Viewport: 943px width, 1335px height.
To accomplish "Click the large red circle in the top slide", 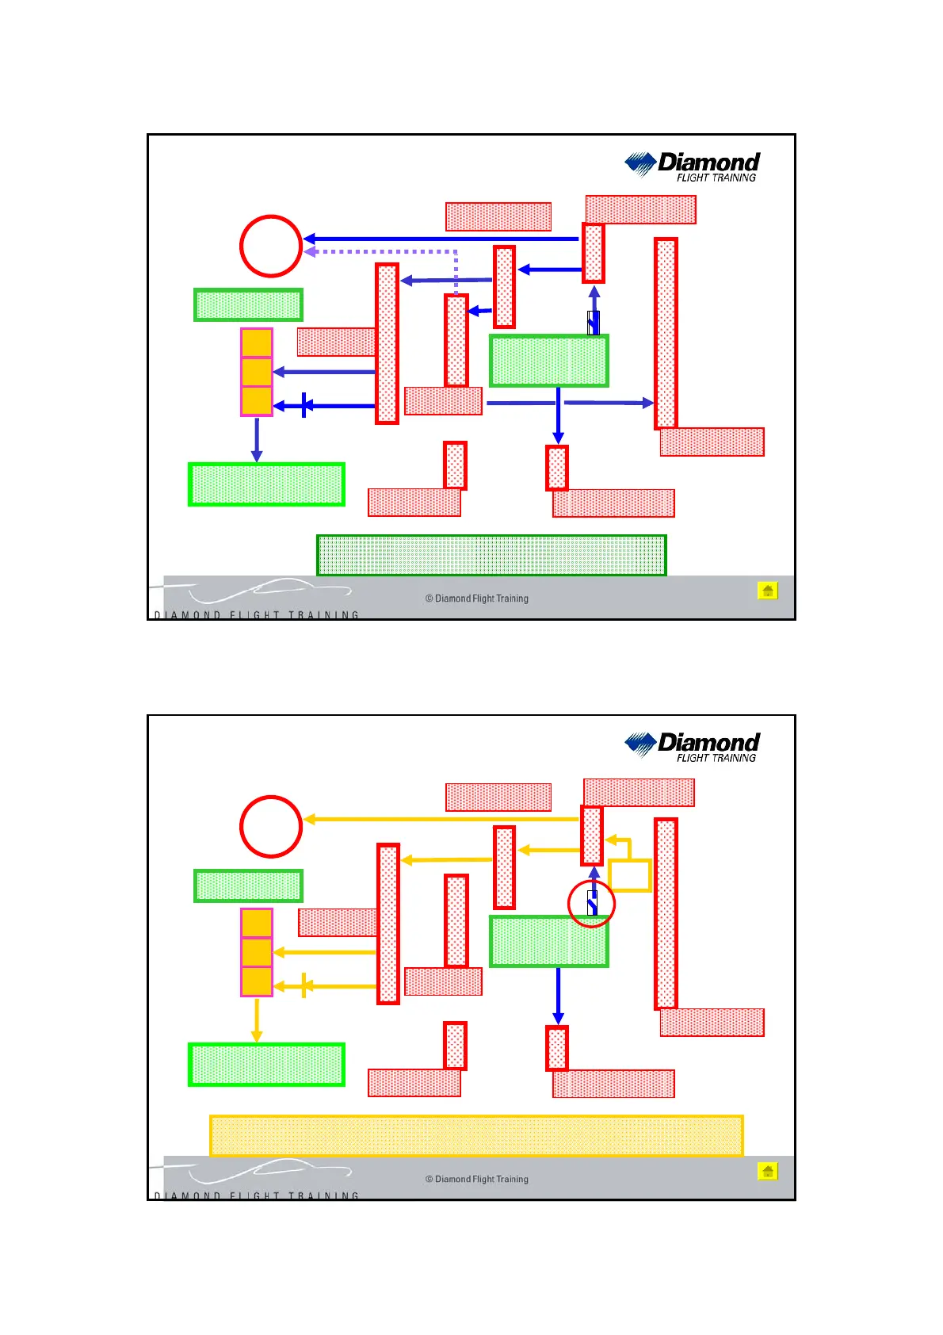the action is (271, 246).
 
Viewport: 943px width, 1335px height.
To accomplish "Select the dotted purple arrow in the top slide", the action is (380, 252).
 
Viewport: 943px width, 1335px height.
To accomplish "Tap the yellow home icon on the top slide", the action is (767, 591).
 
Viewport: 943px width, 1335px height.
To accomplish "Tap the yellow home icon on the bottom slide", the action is (767, 1171).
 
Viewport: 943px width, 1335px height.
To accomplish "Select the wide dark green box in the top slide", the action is (491, 555).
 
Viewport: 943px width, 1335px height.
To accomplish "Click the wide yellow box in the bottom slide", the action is (476, 1135).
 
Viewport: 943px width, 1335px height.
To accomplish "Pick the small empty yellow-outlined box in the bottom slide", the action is (630, 875).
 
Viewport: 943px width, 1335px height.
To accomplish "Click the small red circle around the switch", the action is (591, 903).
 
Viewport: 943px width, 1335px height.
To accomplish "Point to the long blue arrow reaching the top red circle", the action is (441, 239).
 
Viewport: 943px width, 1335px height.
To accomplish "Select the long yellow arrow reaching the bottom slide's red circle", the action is (441, 819).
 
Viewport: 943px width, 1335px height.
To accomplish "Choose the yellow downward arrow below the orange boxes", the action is (256, 1019).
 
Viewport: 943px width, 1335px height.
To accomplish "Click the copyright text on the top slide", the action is (476, 599).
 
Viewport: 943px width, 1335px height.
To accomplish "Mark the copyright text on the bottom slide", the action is (476, 1179).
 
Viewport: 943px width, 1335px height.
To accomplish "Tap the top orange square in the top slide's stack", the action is (257, 342).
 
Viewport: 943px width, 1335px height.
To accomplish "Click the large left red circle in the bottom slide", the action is (271, 826).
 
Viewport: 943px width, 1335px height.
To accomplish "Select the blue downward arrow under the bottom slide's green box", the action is (558, 995).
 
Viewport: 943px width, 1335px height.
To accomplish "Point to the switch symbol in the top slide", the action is (593, 323).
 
